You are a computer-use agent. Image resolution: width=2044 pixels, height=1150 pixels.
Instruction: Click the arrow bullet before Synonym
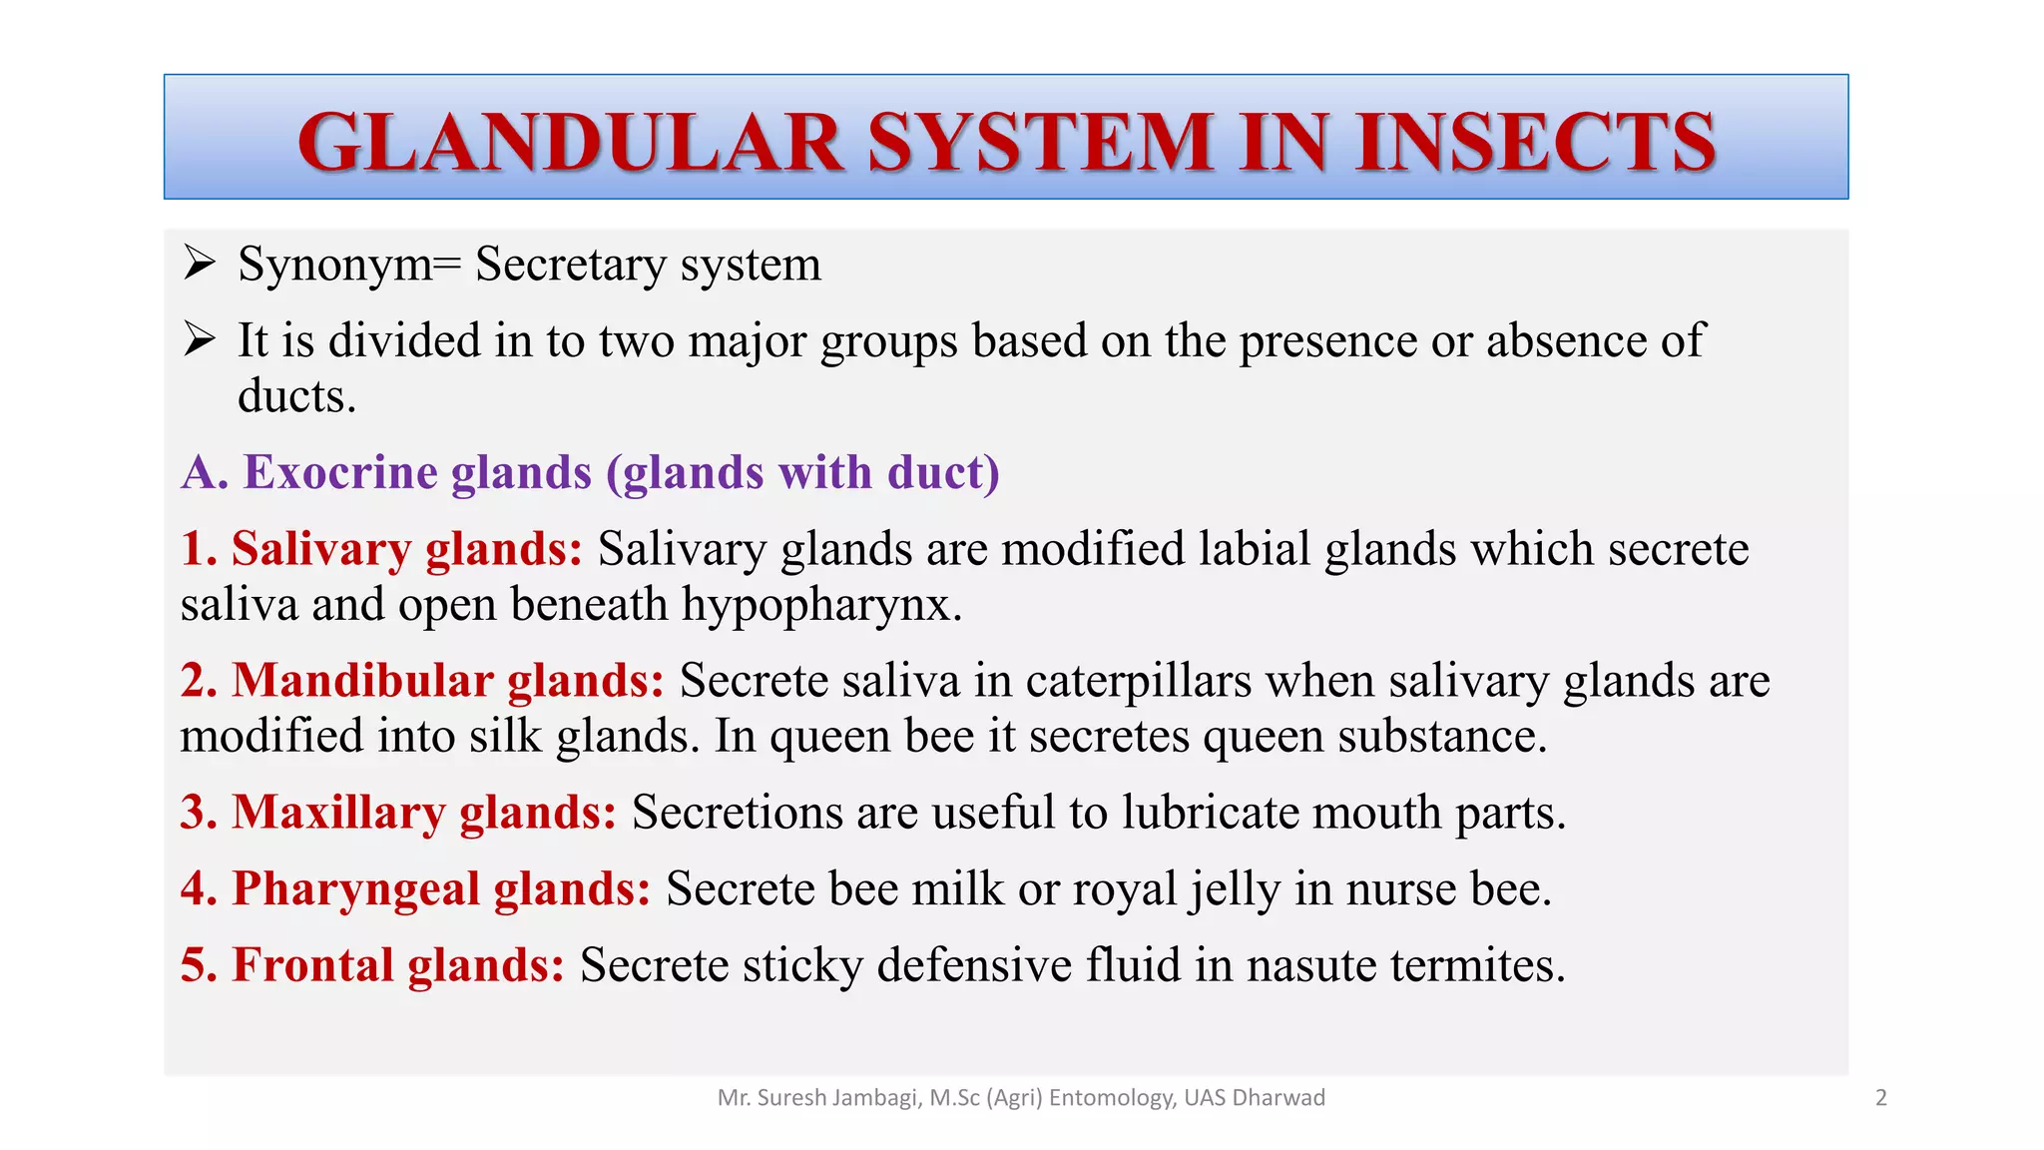pyautogui.click(x=200, y=264)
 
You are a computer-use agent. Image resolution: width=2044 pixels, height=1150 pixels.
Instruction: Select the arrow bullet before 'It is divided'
pyautogui.click(x=200, y=340)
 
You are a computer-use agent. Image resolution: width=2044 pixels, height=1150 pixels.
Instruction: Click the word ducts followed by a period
pyautogui.click(x=295, y=396)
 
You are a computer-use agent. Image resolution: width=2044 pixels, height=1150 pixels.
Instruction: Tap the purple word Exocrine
pyautogui.click(x=340, y=472)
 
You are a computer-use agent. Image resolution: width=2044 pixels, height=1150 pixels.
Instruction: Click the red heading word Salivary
pyautogui.click(x=320, y=549)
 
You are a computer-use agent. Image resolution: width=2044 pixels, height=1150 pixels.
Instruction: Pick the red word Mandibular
pyautogui.click(x=362, y=681)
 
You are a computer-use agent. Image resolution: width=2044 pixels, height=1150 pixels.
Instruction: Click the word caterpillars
pyautogui.click(x=1138, y=681)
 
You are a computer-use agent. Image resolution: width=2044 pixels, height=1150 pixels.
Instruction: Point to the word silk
pyautogui.click(x=505, y=737)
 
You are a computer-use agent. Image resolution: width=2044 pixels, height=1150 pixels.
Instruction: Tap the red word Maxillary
pyautogui.click(x=338, y=813)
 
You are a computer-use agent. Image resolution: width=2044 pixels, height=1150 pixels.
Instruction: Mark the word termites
pyautogui.click(x=1477, y=965)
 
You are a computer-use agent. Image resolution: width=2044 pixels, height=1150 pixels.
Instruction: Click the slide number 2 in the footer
pyautogui.click(x=1881, y=1098)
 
